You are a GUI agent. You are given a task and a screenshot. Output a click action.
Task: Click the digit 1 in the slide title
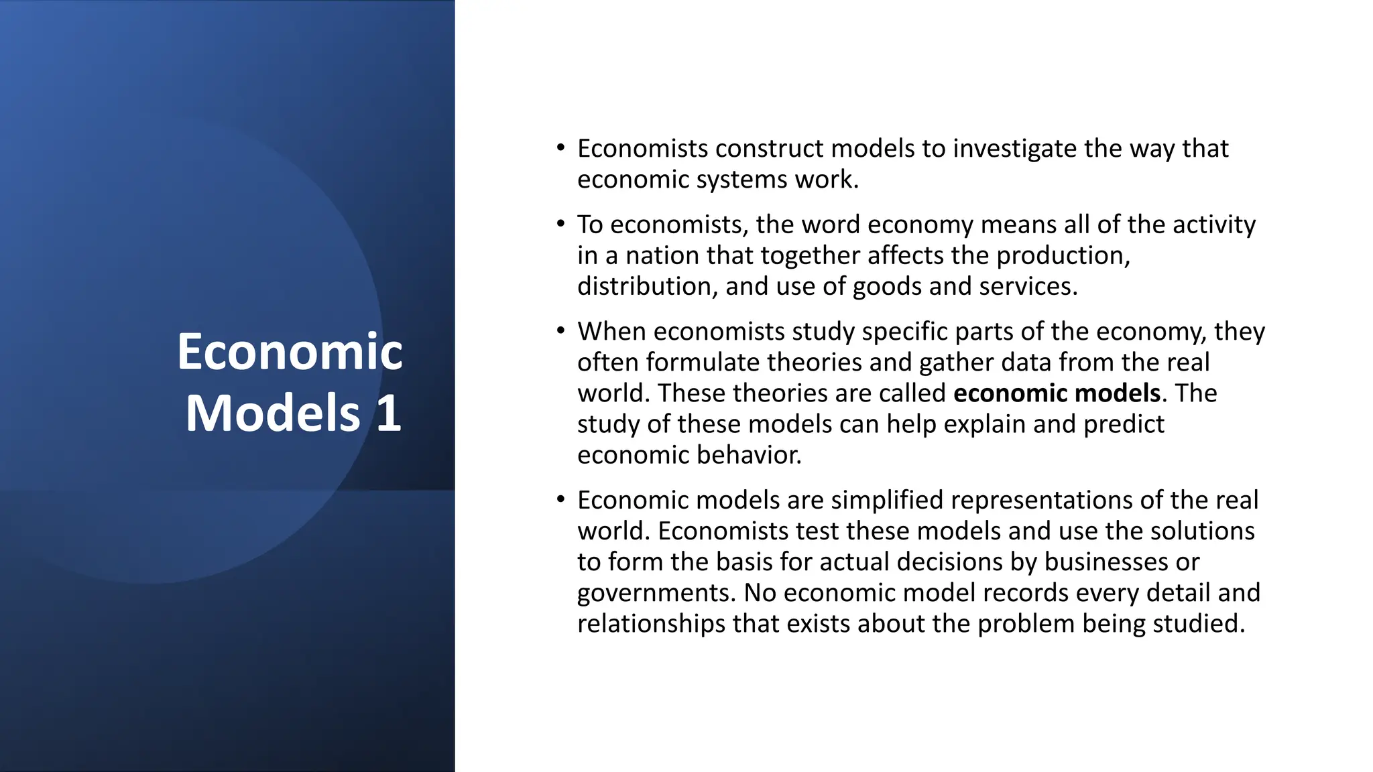388,413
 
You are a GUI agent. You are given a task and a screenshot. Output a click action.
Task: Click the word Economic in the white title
290,352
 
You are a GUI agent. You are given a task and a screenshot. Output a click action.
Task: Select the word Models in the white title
273,413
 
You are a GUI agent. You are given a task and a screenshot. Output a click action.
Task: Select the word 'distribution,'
647,286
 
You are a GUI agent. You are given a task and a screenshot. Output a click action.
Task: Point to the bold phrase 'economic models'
1057,393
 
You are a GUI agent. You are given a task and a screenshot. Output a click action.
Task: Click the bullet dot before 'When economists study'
560,330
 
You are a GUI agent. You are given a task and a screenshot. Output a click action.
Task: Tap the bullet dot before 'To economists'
560,223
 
